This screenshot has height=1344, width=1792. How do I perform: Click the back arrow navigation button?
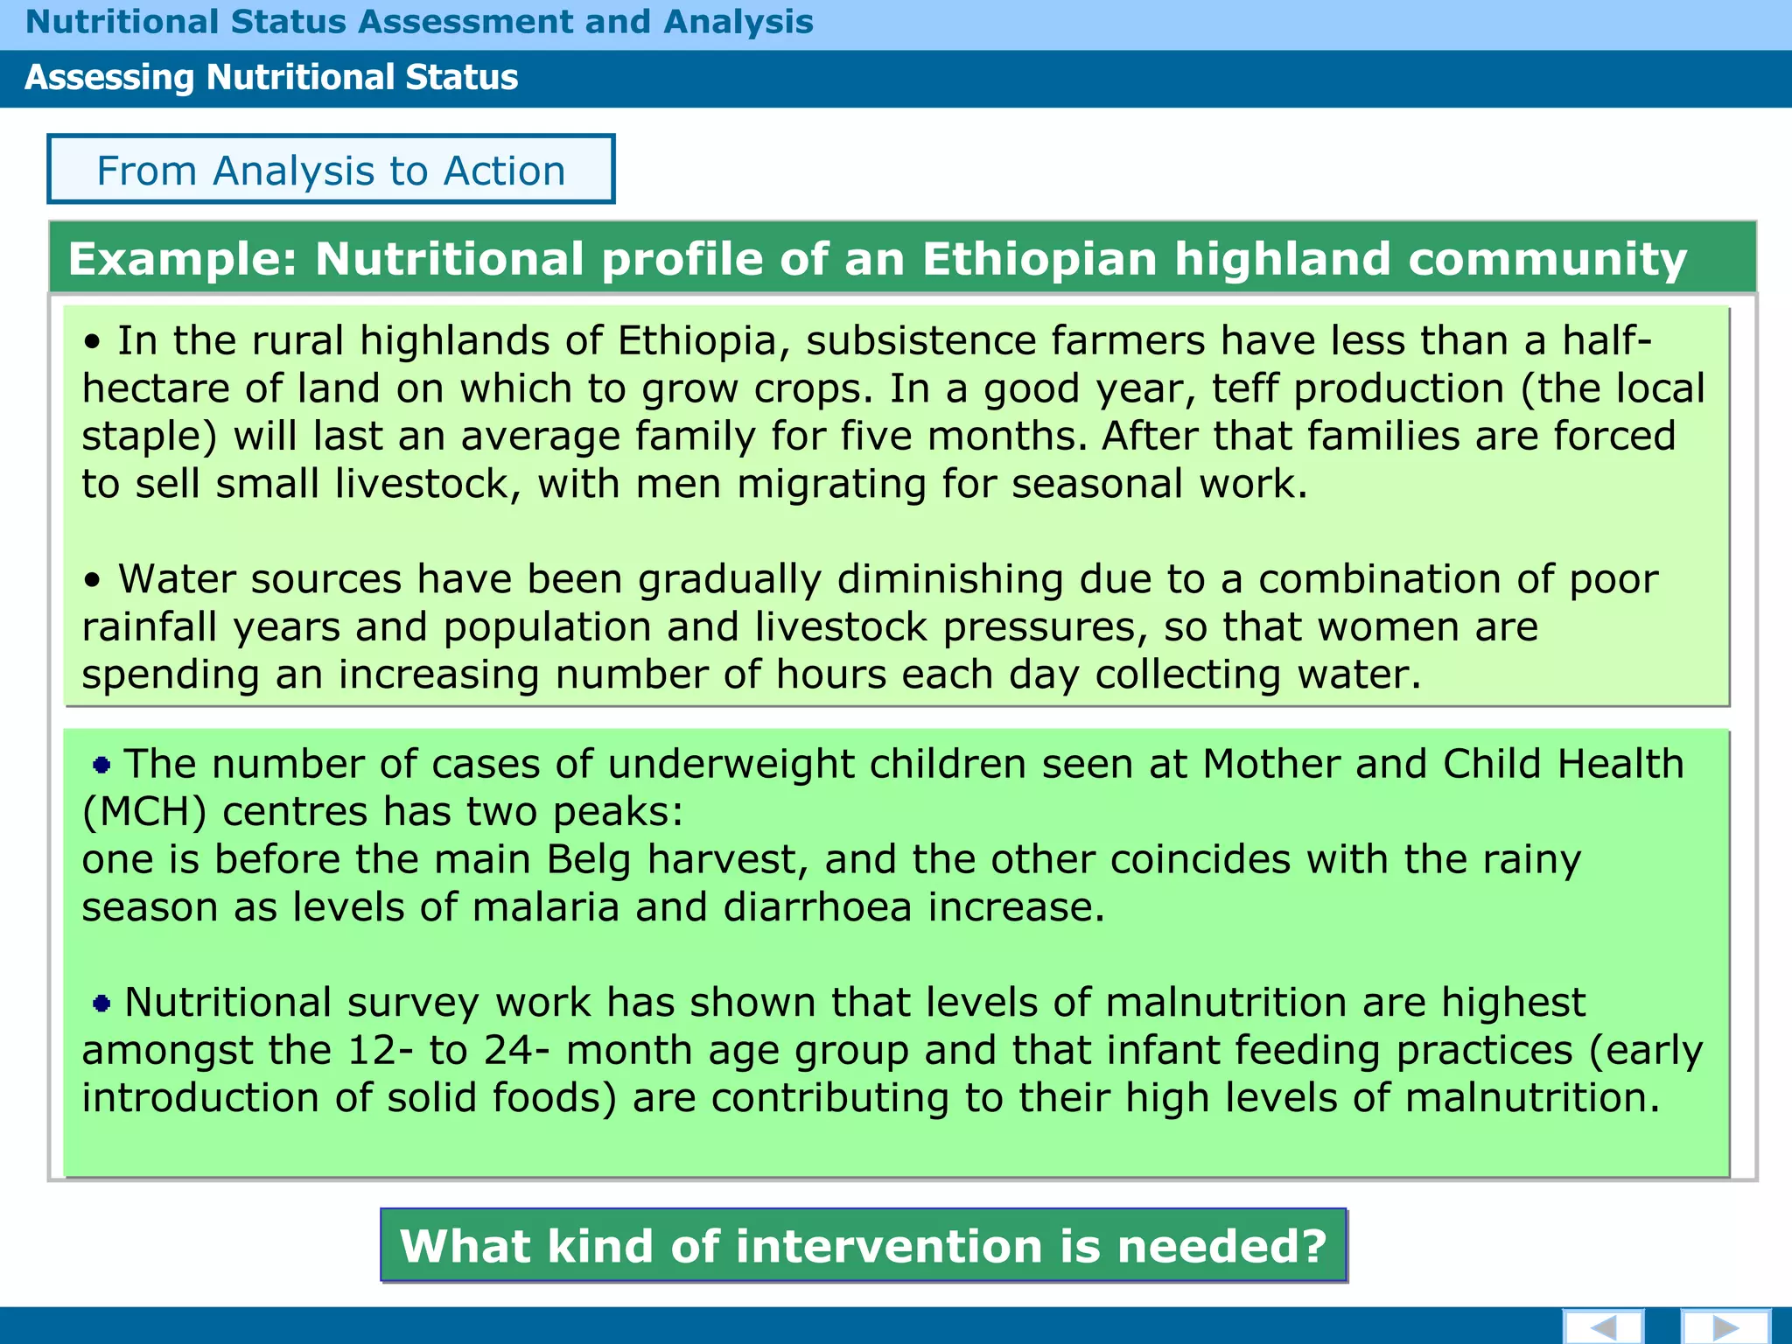coord(1603,1326)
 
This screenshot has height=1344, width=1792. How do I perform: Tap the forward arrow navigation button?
coord(1725,1326)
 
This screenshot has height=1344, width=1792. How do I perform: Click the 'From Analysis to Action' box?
coord(331,170)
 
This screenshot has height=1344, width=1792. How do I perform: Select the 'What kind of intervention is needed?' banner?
coord(864,1245)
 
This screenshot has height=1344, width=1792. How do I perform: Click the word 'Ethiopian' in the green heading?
coord(1039,259)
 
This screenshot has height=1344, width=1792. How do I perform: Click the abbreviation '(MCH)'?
coord(144,812)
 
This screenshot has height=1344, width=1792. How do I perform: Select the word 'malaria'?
coord(546,907)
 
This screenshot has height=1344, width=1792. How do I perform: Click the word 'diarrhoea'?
coord(817,907)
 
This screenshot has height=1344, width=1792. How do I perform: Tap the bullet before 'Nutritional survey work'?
coord(101,1004)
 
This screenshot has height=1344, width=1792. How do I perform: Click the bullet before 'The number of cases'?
coord(101,766)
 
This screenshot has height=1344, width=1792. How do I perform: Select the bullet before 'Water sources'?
coord(93,580)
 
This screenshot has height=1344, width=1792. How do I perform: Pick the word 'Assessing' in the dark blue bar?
coord(108,77)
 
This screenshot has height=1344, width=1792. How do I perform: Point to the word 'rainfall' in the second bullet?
coord(149,627)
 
